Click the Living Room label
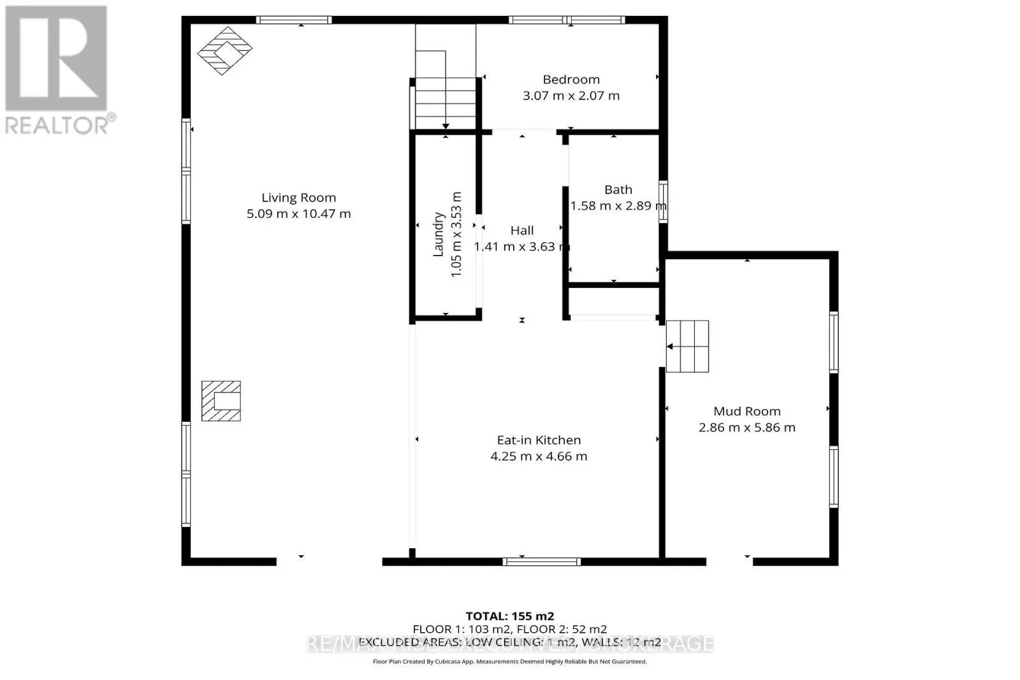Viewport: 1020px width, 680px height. [x=298, y=198]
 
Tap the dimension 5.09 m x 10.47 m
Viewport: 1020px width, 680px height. [x=298, y=214]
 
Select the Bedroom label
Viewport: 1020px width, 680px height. [x=571, y=80]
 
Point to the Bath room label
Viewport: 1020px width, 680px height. [x=618, y=190]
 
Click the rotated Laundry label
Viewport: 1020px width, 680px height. [x=439, y=235]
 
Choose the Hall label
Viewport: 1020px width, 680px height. [x=521, y=231]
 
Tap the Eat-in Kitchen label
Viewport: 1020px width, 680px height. [x=539, y=440]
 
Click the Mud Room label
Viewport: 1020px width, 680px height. [x=747, y=412]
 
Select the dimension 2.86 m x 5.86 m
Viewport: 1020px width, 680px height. [x=747, y=428]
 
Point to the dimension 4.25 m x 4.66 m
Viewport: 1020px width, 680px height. [x=539, y=456]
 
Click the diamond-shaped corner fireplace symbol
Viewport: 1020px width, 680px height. [x=224, y=50]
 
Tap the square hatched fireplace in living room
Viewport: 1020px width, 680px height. [x=221, y=401]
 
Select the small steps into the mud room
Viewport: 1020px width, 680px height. [x=688, y=346]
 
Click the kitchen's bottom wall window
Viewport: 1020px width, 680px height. [x=541, y=561]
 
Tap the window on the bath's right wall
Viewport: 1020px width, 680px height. [x=664, y=201]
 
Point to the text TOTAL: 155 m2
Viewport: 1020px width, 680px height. [x=509, y=616]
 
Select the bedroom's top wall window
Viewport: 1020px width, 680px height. [x=567, y=20]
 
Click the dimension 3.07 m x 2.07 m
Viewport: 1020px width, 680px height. [x=571, y=96]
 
